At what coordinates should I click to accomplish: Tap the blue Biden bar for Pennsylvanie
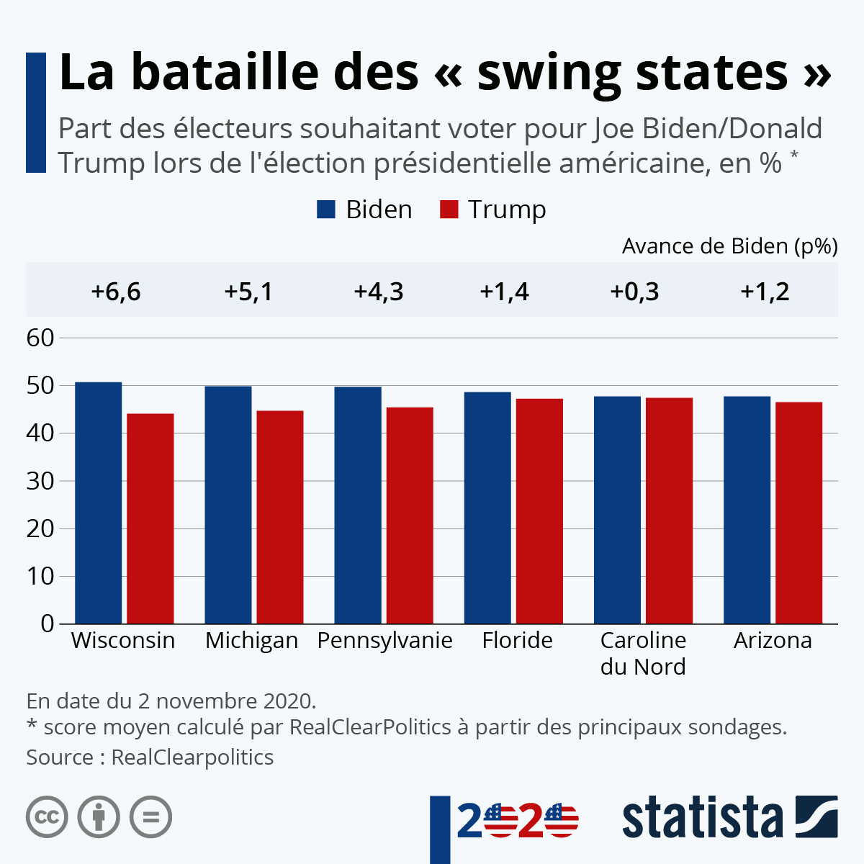pyautogui.click(x=358, y=505)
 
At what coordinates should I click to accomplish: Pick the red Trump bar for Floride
pyautogui.click(x=539, y=510)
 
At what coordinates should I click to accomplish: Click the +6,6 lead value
pyautogui.click(x=116, y=292)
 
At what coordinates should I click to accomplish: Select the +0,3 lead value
pyautogui.click(x=634, y=292)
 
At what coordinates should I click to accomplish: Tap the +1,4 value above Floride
pyautogui.click(x=504, y=292)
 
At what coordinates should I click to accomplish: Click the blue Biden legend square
pyautogui.click(x=326, y=210)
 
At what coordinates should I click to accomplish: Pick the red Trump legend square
pyautogui.click(x=449, y=210)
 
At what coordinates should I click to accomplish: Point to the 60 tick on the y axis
pyautogui.click(x=40, y=338)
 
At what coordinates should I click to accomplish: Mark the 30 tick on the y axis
pyautogui.click(x=40, y=481)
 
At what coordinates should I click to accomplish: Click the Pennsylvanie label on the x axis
pyautogui.click(x=384, y=640)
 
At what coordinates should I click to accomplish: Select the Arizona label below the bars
pyautogui.click(x=773, y=640)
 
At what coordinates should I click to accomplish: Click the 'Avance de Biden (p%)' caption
pyautogui.click(x=729, y=246)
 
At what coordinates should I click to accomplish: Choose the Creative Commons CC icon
pyautogui.click(x=47, y=817)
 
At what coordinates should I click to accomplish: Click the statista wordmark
pyautogui.click(x=702, y=817)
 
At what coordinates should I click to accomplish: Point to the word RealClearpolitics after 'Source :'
pyautogui.click(x=192, y=757)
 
